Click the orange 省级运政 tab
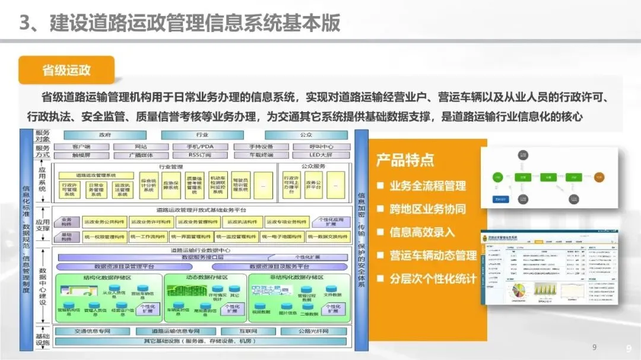(66, 70)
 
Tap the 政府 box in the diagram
(104, 135)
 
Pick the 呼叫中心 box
(319, 146)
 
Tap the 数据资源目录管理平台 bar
(124, 266)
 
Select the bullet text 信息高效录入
(422, 232)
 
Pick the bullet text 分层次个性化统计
(433, 278)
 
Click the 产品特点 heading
(405, 160)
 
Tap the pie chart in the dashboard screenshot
(518, 291)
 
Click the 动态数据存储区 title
(204, 277)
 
